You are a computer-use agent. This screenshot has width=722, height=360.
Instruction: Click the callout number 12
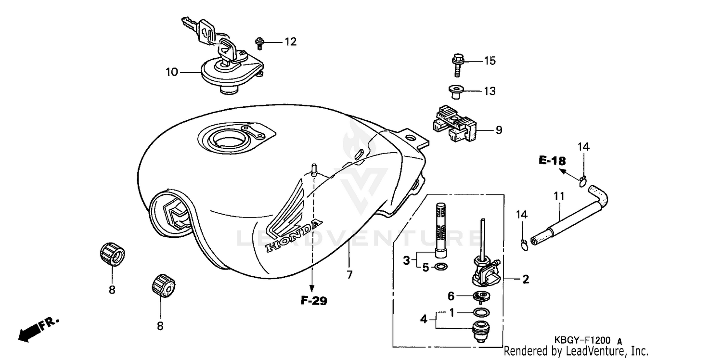290,42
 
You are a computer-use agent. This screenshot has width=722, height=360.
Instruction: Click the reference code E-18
552,161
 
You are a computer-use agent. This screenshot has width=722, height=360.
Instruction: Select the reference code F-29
314,301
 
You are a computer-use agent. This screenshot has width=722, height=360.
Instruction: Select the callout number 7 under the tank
349,275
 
